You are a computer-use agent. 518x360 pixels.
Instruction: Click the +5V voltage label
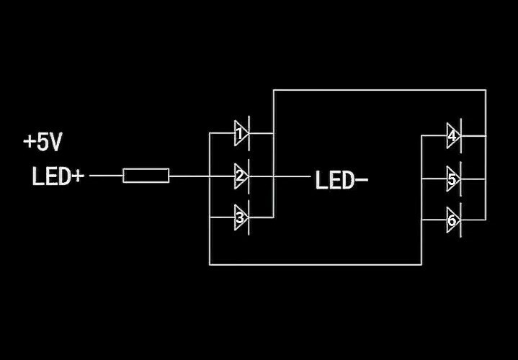43,142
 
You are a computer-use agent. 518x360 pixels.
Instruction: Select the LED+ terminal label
58,176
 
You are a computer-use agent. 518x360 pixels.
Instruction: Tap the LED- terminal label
341,180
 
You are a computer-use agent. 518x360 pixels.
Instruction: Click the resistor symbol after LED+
146,175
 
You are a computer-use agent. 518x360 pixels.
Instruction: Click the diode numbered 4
452,135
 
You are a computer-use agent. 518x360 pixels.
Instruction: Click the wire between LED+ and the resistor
107,175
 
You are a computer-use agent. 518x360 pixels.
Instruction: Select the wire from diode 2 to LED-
291,175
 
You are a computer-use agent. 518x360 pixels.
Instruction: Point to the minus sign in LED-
362,181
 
